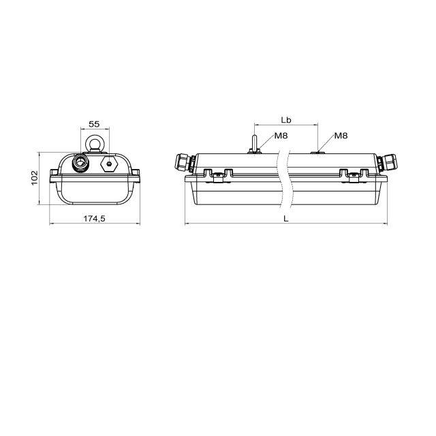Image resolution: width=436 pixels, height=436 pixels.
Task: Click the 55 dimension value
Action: click(94, 124)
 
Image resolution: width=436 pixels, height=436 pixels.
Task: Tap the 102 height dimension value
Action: click(33, 178)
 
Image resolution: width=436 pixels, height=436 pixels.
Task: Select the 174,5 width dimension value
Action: click(95, 219)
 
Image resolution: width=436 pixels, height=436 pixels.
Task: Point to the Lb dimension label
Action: click(286, 120)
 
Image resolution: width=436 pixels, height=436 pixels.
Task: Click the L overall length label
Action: click(286, 219)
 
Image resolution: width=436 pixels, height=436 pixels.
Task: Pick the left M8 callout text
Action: click(281, 136)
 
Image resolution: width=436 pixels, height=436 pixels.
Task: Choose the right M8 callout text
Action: click(341, 136)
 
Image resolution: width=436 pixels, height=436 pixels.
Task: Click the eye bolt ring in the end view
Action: click(95, 136)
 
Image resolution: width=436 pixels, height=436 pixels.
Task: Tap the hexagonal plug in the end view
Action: click(109, 163)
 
